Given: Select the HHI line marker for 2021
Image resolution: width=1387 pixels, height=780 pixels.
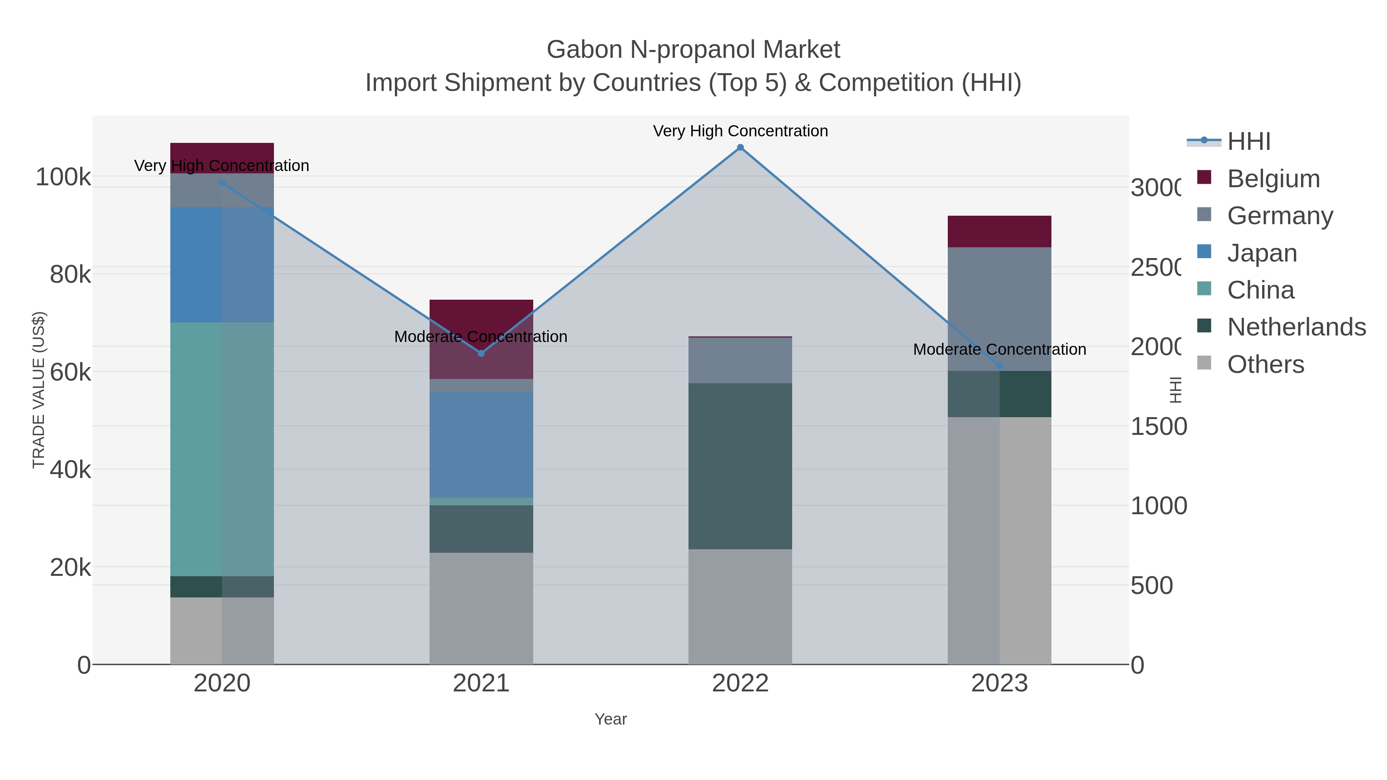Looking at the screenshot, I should (481, 353).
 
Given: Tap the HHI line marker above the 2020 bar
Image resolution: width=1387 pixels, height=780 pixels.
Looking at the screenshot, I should (222, 183).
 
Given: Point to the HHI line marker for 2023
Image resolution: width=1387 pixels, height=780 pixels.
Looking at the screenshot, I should (999, 366).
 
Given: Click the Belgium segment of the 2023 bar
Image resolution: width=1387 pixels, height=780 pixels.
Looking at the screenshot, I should (999, 231).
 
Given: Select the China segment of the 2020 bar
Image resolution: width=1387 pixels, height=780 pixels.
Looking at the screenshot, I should (222, 450).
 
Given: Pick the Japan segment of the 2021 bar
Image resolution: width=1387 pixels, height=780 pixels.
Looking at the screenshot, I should (481, 445).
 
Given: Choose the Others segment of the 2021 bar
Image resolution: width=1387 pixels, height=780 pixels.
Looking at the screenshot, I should (481, 608).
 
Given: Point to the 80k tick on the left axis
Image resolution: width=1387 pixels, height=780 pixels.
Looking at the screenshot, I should (70, 275).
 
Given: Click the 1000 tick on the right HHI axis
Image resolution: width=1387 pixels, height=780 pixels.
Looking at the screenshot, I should (1158, 506).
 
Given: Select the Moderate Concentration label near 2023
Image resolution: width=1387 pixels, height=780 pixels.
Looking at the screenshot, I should (999, 349).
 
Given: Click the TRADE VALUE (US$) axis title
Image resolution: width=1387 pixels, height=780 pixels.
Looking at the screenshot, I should (39, 390).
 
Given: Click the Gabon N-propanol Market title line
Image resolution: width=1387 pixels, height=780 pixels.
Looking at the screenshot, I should (693, 50).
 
